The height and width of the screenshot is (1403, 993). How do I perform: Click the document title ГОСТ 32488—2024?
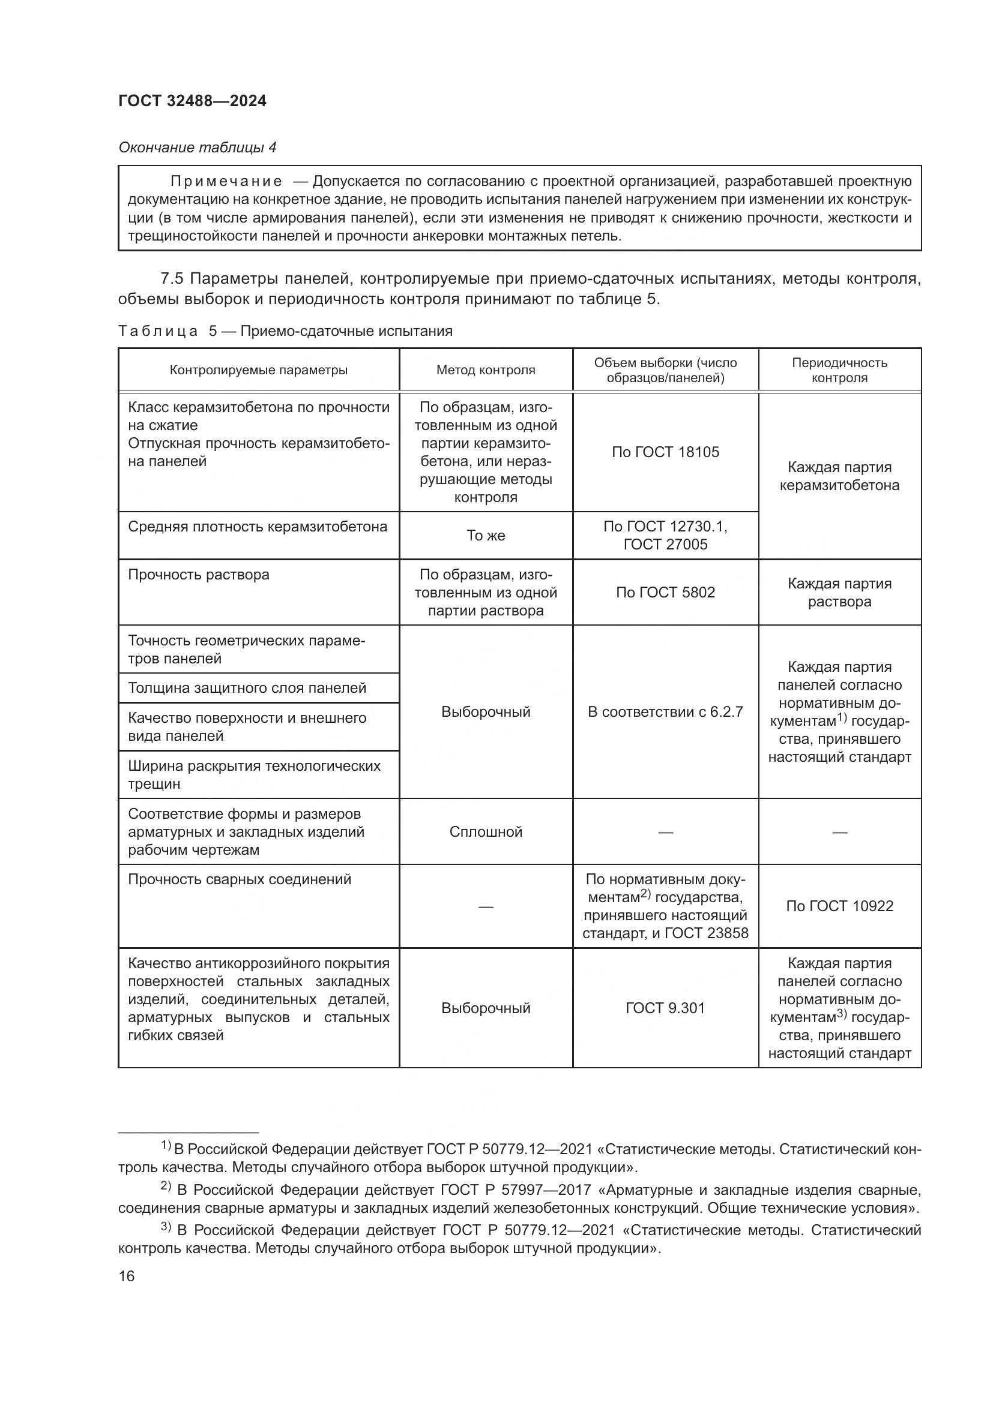(x=192, y=101)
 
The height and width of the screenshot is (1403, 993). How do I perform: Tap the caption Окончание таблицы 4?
(x=197, y=148)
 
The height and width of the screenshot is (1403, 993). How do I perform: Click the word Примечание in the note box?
(x=226, y=181)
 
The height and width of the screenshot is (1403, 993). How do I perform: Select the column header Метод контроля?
(x=486, y=369)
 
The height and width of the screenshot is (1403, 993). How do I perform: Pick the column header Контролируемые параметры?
(x=259, y=369)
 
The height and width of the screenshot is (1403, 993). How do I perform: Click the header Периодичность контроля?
(x=839, y=369)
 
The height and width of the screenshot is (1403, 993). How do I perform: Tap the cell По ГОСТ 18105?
(x=665, y=452)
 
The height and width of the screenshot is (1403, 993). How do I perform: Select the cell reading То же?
(x=486, y=535)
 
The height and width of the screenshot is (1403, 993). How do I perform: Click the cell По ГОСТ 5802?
(x=665, y=592)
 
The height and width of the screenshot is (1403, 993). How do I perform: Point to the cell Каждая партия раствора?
(x=839, y=592)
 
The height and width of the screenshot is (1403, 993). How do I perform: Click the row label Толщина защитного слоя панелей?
(x=247, y=688)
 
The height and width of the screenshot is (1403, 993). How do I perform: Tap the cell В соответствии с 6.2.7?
(x=665, y=711)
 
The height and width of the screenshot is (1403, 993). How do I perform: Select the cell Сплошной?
(x=486, y=831)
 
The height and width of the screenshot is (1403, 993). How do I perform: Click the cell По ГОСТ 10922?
(x=839, y=906)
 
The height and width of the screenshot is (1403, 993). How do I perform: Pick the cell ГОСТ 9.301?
(x=665, y=1008)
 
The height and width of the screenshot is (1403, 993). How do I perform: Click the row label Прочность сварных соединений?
(x=240, y=879)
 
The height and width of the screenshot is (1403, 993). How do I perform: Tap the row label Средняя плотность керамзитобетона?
(x=258, y=527)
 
